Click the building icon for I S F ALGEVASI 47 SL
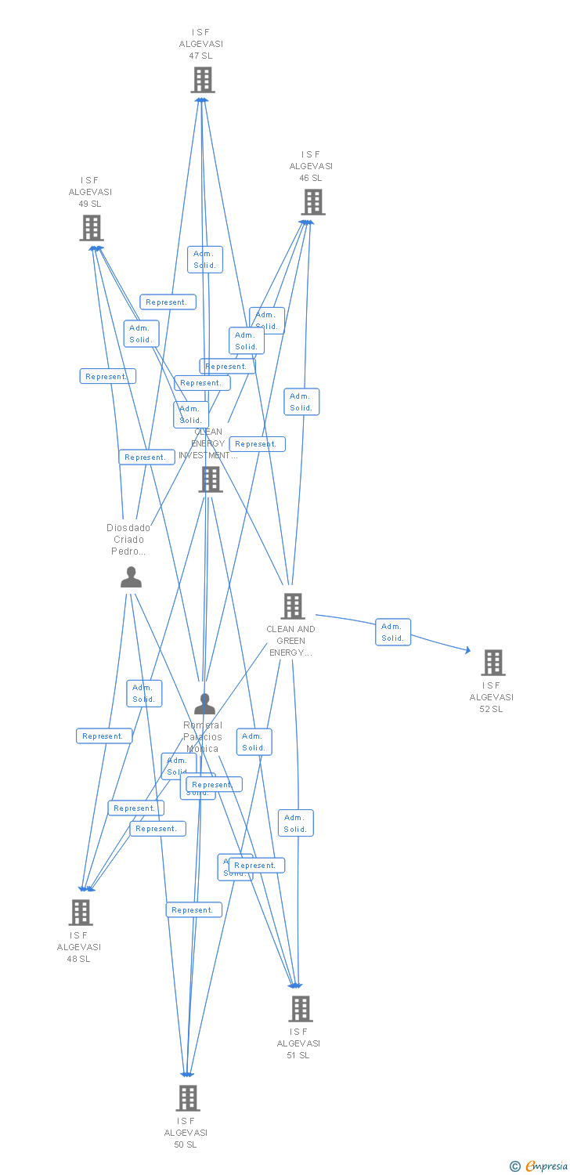[x=203, y=80]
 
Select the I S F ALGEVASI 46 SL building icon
[x=313, y=202]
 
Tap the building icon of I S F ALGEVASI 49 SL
[x=92, y=228]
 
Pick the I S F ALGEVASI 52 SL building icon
[x=492, y=663]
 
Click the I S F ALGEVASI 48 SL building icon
[x=81, y=912]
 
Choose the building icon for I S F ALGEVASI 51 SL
[x=301, y=1009]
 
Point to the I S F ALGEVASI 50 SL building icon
[x=188, y=1098]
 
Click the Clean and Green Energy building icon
[x=293, y=606]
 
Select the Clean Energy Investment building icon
[x=211, y=479]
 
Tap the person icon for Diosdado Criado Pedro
[x=131, y=577]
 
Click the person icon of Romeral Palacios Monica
[x=204, y=704]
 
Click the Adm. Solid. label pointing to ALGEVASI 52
[x=392, y=632]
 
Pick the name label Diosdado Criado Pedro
[x=128, y=539]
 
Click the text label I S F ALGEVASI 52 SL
[x=492, y=697]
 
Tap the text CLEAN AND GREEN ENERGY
[x=290, y=641]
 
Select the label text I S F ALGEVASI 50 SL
[x=186, y=1133]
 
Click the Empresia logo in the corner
[x=546, y=1166]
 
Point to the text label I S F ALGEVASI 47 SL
[x=201, y=44]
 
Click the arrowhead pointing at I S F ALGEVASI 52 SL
[x=467, y=650]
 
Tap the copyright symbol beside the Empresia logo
[x=515, y=1167]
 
